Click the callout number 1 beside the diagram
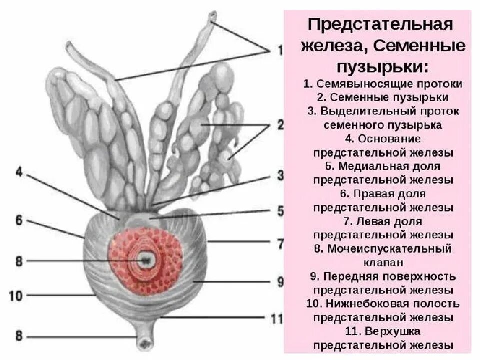click(280, 50)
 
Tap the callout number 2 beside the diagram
click(280, 125)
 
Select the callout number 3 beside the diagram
click(280, 176)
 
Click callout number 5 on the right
click(280, 211)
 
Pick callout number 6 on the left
click(19, 221)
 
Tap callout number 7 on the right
click(280, 244)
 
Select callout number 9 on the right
click(280, 282)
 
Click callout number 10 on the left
click(16, 296)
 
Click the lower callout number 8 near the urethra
click(19, 336)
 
